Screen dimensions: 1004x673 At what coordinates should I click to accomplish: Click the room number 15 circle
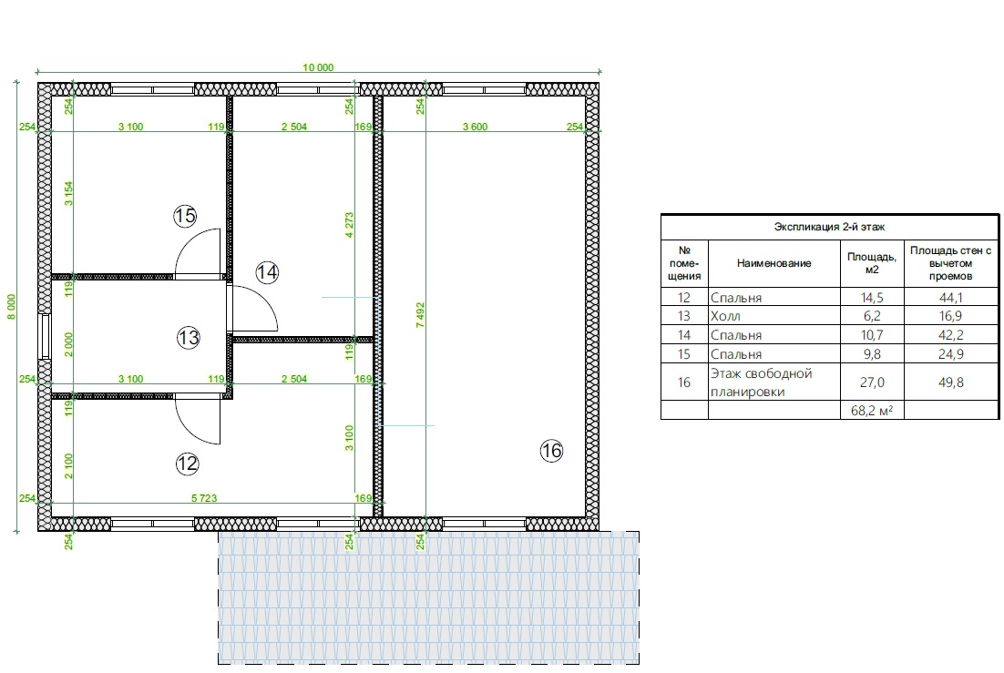coord(185,216)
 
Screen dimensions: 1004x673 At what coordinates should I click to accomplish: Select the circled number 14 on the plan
coord(267,272)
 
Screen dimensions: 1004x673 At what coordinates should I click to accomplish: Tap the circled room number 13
coord(189,338)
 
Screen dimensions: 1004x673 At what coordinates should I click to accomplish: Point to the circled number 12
coord(187,463)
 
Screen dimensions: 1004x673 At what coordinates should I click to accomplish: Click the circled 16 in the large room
coord(551,451)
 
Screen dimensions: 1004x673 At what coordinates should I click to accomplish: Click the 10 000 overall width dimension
coord(318,67)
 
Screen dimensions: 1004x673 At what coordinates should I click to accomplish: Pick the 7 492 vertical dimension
coord(420,315)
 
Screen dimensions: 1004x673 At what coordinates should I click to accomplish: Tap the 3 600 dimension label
coord(475,127)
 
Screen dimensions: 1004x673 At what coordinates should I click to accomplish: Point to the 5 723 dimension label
coord(204,497)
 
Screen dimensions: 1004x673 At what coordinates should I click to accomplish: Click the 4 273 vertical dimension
coord(349,226)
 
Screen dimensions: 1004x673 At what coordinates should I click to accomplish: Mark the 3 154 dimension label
coord(68,194)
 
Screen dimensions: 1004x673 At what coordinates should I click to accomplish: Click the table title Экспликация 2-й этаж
coord(829,227)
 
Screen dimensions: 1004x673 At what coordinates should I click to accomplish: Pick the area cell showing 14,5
coord(872,297)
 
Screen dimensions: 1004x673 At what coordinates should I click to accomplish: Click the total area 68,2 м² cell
coord(872,411)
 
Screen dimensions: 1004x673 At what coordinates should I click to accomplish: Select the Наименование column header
coord(773,263)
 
